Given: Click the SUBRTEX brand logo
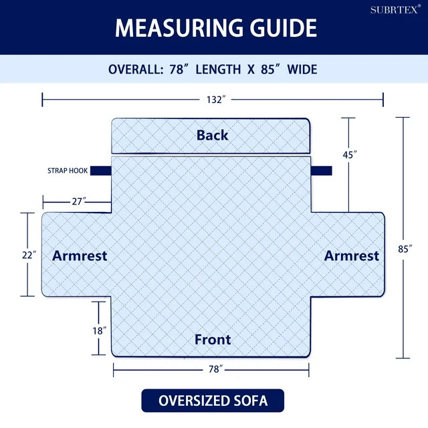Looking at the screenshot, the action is click(x=395, y=9).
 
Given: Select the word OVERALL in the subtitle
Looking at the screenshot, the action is click(x=136, y=70).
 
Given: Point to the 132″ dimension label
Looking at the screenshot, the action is click(x=216, y=100).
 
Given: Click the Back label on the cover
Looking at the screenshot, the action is click(x=213, y=135).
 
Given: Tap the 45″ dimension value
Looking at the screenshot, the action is click(x=350, y=154).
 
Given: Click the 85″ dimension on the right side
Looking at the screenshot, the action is click(x=405, y=249).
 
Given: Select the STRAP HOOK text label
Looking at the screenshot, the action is click(x=68, y=171).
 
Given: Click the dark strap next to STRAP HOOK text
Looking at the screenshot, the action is click(x=101, y=171).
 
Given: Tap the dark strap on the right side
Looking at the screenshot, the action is click(x=321, y=171).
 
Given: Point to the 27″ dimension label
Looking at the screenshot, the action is click(x=79, y=201).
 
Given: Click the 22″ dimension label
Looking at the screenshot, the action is click(x=29, y=255).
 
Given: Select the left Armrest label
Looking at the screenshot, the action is click(x=80, y=255).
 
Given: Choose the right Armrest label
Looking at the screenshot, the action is click(x=352, y=255).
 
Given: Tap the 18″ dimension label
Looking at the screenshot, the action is click(x=100, y=331).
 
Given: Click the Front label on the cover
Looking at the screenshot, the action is click(x=213, y=340).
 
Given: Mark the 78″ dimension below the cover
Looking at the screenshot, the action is click(x=215, y=369).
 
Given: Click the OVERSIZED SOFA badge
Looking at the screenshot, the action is click(x=213, y=401).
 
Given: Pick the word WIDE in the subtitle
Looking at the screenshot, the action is click(x=302, y=70).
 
